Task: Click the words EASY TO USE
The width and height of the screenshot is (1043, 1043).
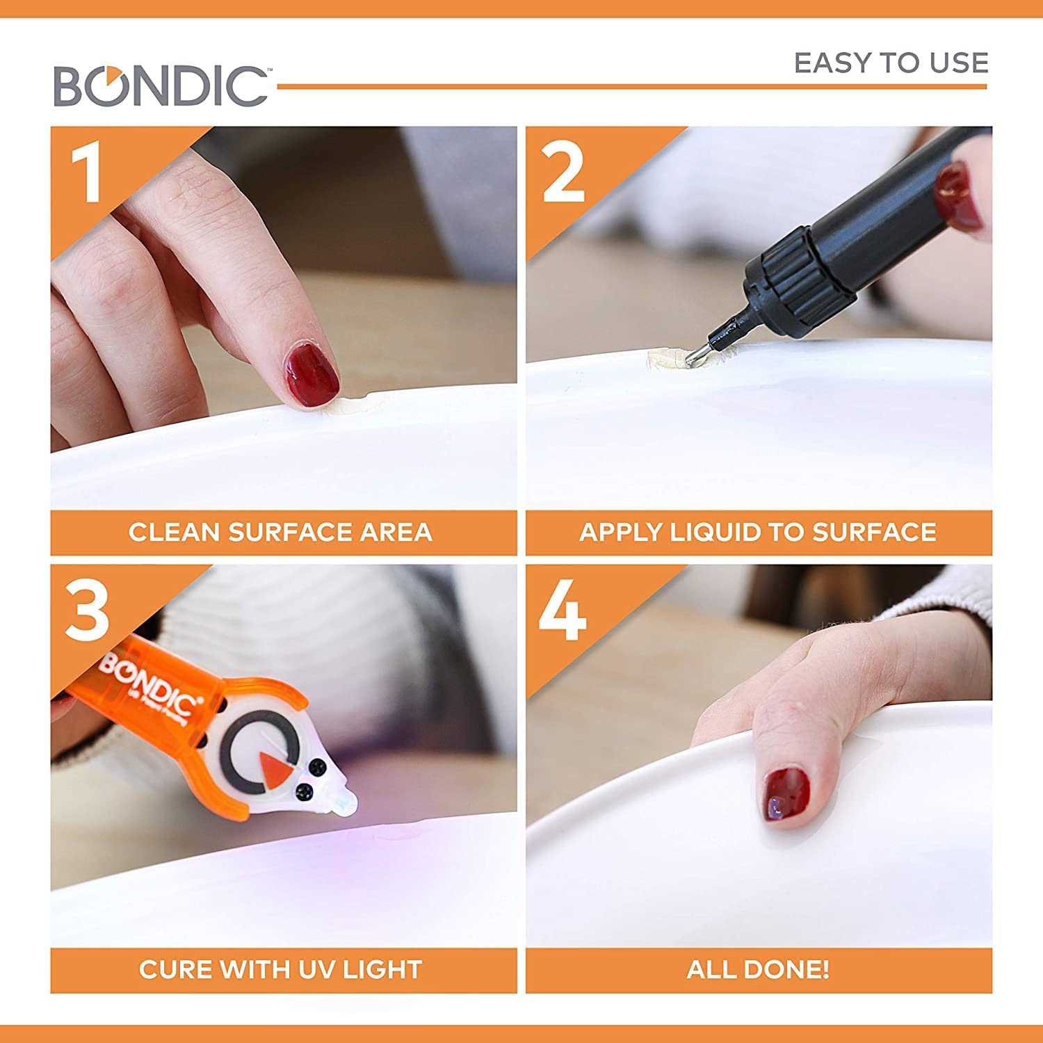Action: (x=891, y=63)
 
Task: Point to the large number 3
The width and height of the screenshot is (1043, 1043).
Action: (x=88, y=612)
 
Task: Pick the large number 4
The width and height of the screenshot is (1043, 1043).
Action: (x=563, y=612)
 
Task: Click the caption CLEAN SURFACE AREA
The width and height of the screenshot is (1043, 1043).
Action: (x=280, y=533)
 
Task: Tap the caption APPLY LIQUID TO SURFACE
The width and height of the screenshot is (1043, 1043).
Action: (x=758, y=533)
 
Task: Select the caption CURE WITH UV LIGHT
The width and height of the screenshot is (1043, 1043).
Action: (x=280, y=969)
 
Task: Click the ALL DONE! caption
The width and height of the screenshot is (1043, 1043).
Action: (x=758, y=969)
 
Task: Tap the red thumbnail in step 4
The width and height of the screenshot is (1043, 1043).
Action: (x=787, y=794)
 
